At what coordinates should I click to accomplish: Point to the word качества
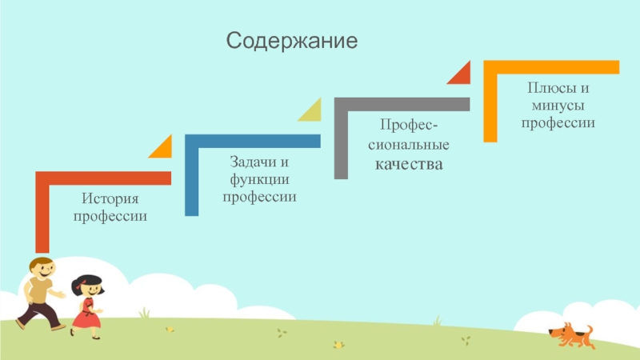(x=409, y=164)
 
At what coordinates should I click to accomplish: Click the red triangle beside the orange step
(x=461, y=74)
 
